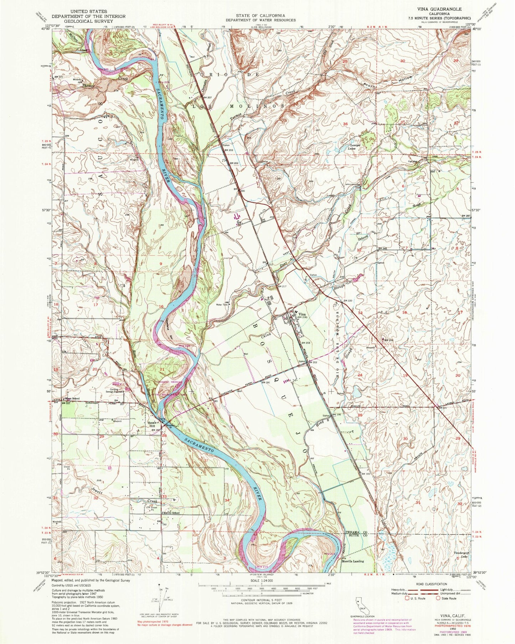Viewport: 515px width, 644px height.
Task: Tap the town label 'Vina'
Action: click(302, 314)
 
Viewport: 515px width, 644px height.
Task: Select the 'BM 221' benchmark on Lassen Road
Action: click(442, 407)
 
